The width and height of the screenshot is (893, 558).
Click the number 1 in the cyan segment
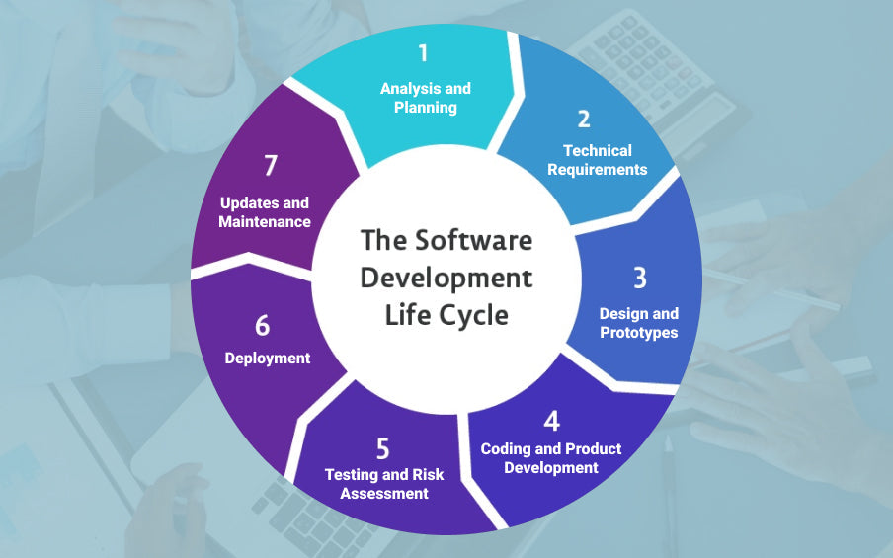(425, 54)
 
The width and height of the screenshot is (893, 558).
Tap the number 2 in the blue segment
(584, 119)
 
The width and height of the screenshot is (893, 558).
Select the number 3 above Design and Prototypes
(639, 279)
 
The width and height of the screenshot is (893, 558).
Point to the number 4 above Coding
(551, 421)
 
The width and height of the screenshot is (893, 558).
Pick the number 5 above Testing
(384, 447)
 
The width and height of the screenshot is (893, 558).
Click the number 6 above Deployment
(262, 326)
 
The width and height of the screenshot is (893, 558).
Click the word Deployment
(268, 359)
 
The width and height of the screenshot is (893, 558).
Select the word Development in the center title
(446, 277)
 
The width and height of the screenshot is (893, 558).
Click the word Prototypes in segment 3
(639, 333)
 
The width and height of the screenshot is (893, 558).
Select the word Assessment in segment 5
(384, 493)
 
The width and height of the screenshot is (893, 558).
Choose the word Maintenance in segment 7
(265, 222)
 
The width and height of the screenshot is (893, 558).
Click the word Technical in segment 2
(598, 151)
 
